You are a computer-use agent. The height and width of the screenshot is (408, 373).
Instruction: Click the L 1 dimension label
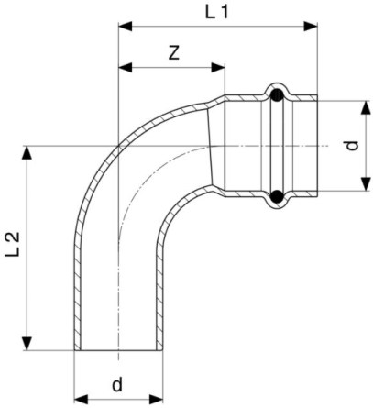coord(216,12)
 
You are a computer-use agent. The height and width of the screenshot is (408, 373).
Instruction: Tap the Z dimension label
coord(174,53)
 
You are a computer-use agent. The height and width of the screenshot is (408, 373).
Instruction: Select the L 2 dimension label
coord(13,244)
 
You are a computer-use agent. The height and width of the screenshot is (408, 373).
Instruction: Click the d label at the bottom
coord(117,384)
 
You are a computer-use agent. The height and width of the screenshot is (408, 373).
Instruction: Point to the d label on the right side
coord(352,146)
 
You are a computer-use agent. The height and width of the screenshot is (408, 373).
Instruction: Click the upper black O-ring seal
coord(278,94)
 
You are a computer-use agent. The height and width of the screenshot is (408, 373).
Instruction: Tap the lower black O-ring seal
coord(278,196)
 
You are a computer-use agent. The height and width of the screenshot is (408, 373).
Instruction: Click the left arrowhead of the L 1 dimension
coord(125,27)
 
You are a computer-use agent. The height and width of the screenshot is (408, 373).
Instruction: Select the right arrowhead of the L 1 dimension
coord(311,27)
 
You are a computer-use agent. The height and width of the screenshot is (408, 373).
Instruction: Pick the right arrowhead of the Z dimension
coord(218,68)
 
